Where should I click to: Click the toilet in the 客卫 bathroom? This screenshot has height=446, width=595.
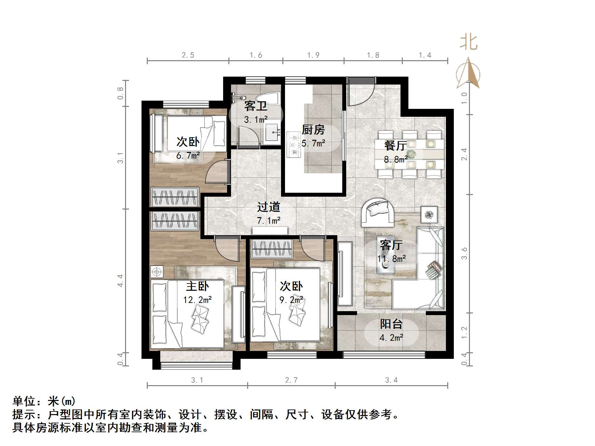(268, 98)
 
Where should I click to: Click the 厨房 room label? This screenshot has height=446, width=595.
(313, 130)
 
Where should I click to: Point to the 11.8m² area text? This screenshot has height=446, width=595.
(391, 259)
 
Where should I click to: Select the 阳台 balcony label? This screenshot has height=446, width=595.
(391, 324)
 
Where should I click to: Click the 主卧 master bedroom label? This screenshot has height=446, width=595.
(197, 286)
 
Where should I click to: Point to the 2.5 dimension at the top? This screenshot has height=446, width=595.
(188, 55)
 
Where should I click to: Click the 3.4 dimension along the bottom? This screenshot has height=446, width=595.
(391, 380)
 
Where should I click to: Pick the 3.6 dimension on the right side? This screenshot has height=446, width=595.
(464, 253)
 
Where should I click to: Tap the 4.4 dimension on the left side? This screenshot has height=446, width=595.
(120, 281)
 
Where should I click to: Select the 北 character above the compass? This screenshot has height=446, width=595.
(468, 43)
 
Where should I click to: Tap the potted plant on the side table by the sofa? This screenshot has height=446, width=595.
(429, 215)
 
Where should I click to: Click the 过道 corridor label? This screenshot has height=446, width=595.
(269, 207)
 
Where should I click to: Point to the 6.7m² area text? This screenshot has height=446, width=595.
(188, 155)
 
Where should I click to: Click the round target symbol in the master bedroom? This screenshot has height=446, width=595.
(157, 272)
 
